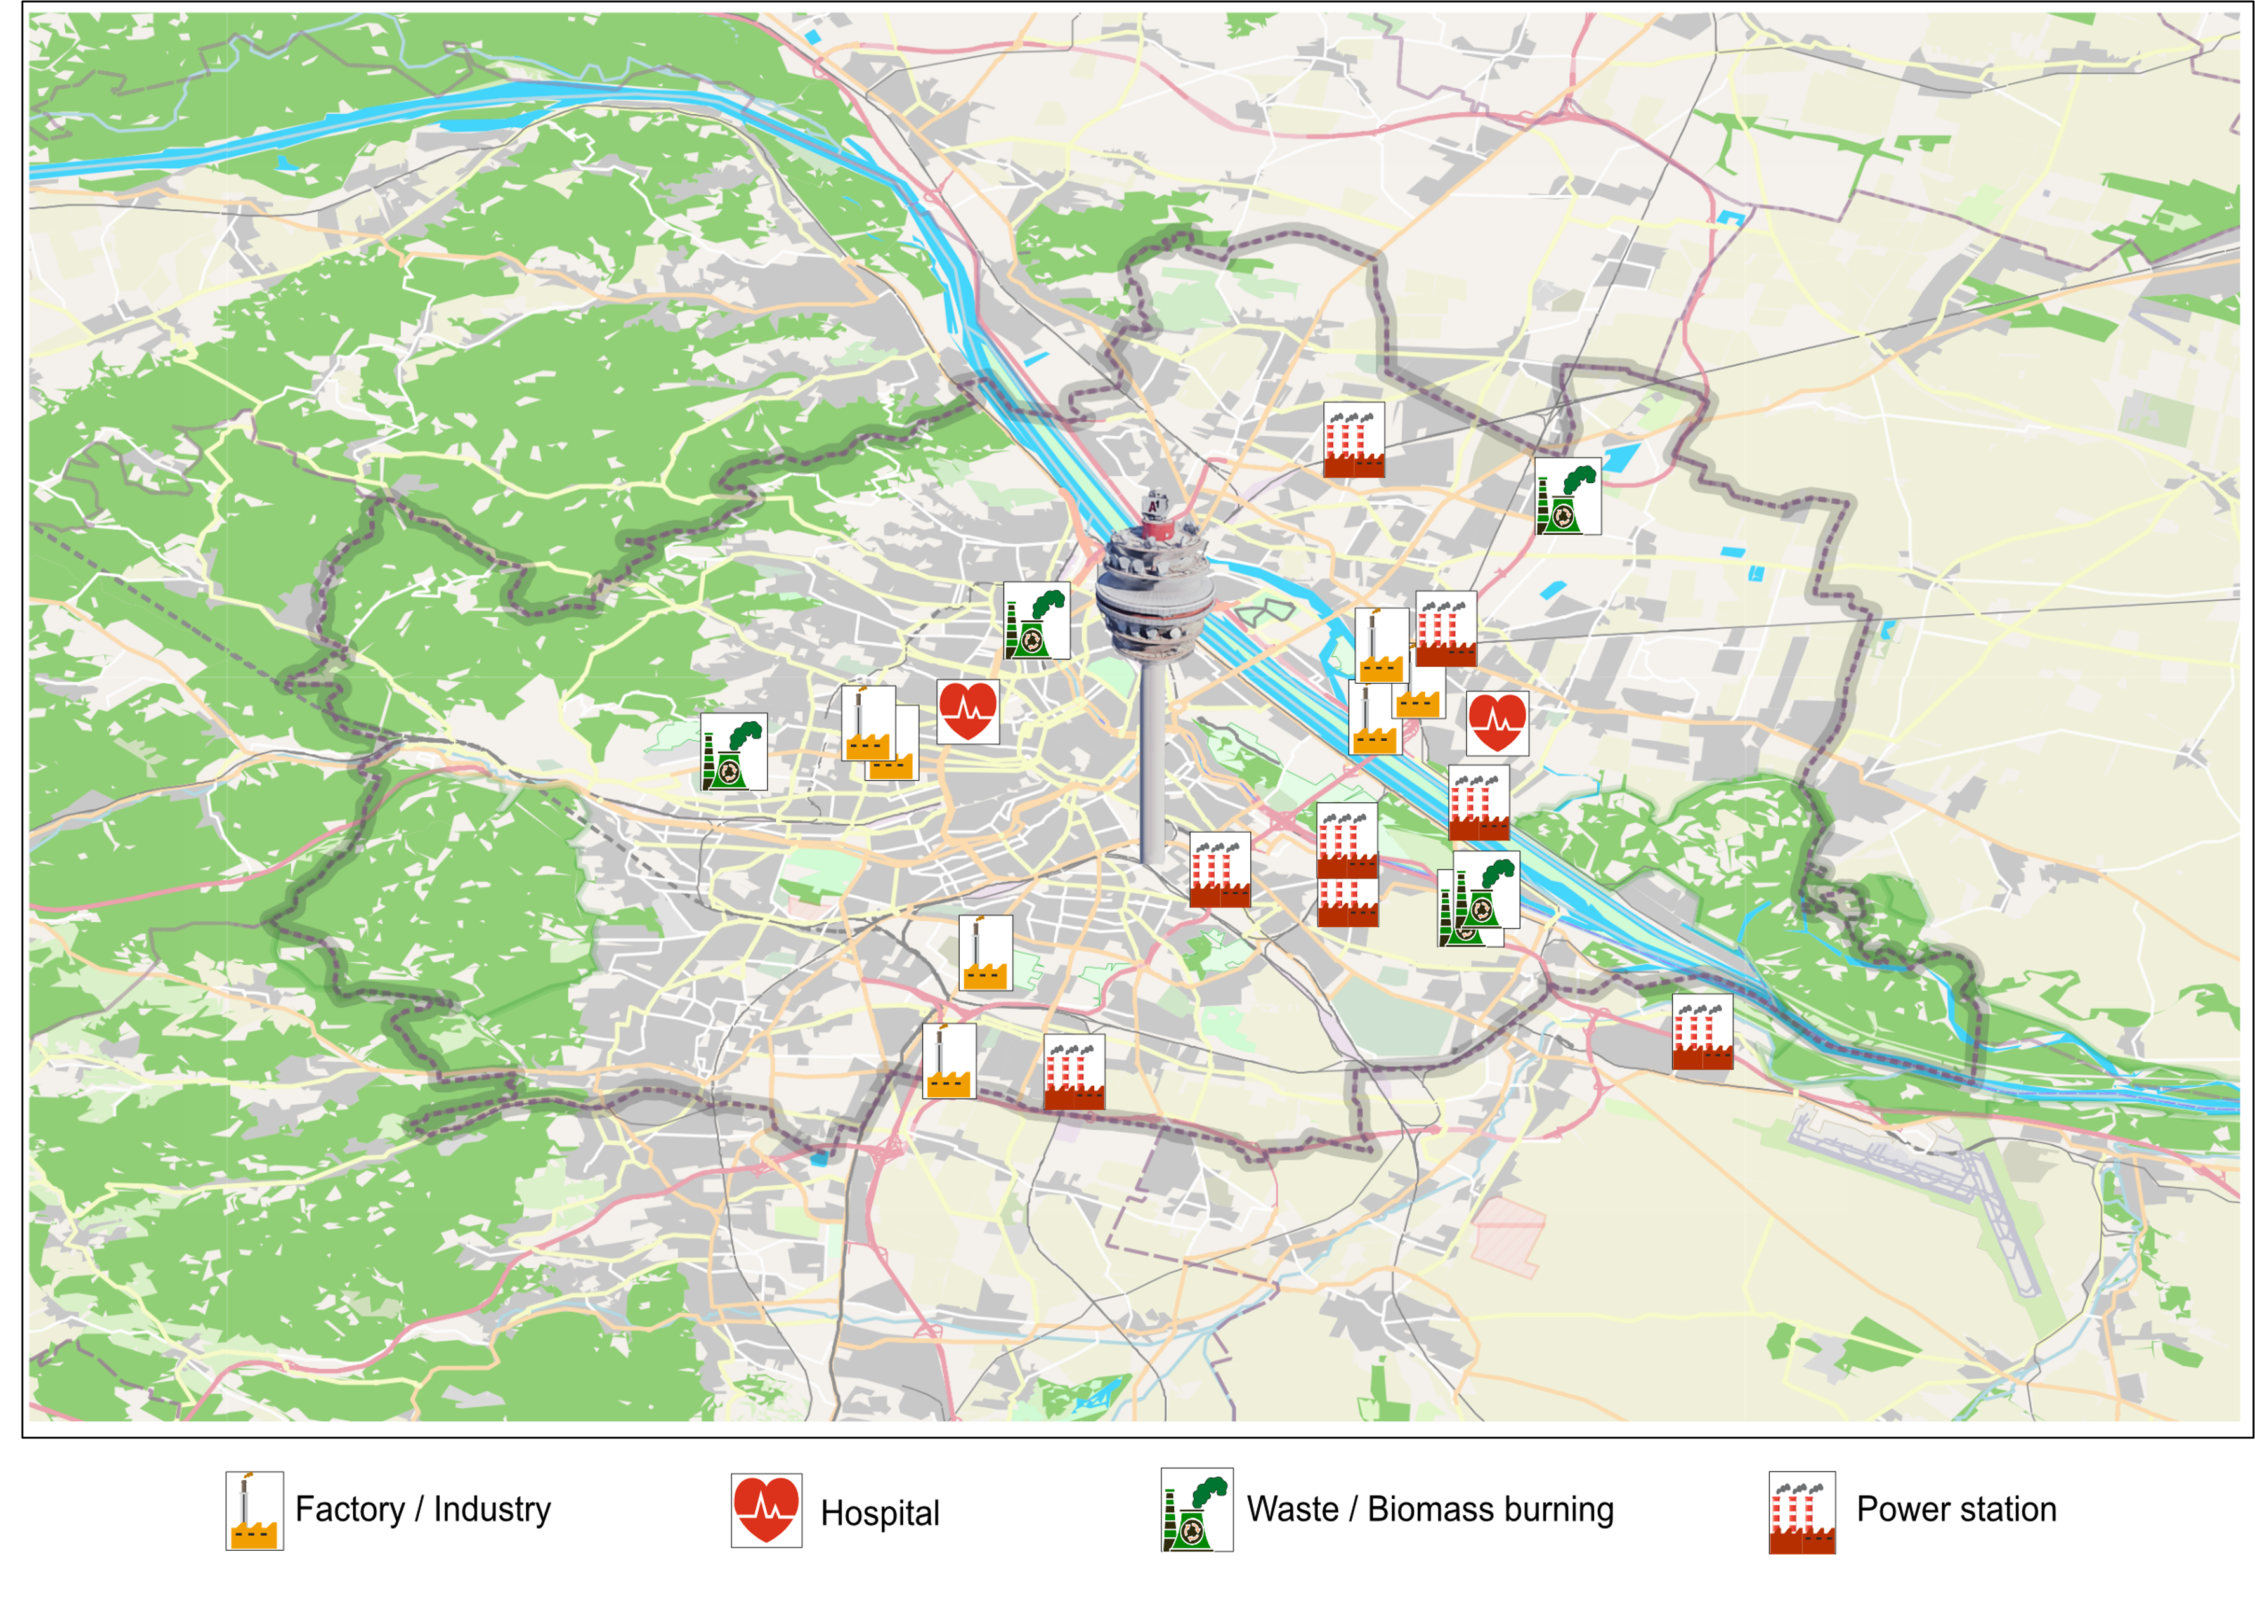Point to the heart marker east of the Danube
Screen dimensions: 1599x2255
pos(1497,722)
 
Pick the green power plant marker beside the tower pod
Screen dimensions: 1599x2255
pos(1036,620)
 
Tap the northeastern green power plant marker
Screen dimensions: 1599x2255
pos(1567,495)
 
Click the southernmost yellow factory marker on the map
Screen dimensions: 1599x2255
pos(948,1061)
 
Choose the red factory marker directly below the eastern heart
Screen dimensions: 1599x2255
pos(1478,802)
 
